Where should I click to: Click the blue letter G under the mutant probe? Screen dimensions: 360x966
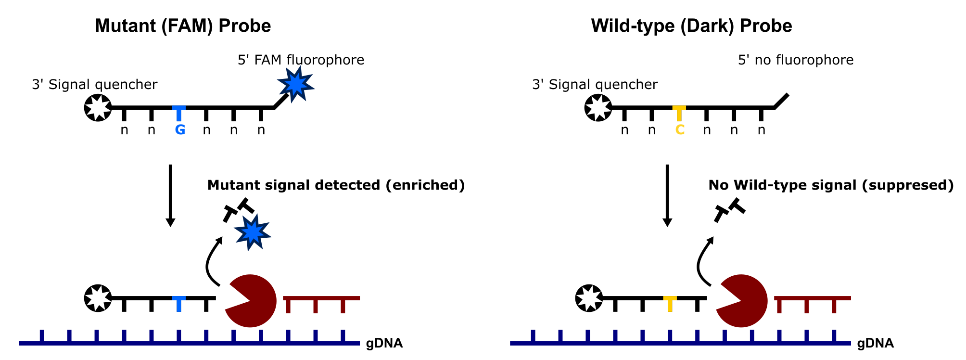180,130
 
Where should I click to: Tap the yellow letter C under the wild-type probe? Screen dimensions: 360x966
680,130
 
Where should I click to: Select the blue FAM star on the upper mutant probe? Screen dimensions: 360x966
296,84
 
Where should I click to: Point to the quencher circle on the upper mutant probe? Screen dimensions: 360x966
98,107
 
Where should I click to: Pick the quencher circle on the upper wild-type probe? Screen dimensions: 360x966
598,107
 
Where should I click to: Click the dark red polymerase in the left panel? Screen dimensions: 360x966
253,301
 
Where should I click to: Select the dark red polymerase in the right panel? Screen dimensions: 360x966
744,301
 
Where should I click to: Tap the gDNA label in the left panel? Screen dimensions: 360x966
384,344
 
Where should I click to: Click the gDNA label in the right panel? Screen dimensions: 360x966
875,344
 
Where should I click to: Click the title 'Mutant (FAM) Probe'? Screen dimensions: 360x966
183,26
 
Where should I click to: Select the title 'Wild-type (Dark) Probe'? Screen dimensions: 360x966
691,26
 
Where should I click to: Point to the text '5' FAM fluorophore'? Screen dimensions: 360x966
301,60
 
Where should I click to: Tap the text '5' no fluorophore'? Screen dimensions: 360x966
795,60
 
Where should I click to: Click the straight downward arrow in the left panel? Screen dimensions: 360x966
170,195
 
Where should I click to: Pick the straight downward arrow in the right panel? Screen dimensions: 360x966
667,195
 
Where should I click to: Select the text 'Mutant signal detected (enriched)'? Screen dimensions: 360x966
336,185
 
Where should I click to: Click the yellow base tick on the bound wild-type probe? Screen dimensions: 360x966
670,303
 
